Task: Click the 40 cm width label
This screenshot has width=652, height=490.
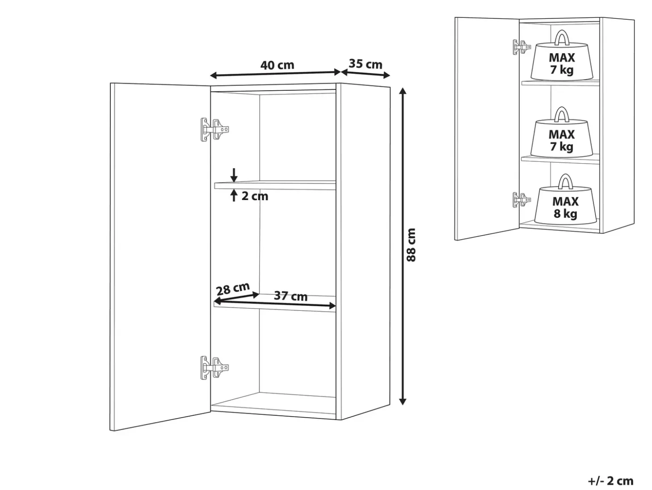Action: [277, 65]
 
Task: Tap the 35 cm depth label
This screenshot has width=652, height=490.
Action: [365, 64]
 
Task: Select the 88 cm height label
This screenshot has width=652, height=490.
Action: [411, 245]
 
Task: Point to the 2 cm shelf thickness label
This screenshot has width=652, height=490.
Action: [255, 196]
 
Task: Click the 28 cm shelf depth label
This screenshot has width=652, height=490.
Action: [233, 288]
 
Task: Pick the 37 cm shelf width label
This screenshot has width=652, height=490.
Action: [291, 296]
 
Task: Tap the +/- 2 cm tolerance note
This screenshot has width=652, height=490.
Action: [611, 481]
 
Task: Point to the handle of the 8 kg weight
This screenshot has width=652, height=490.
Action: [565, 182]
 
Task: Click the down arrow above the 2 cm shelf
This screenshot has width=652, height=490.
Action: [234, 175]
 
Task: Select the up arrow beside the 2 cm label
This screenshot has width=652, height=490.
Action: [234, 196]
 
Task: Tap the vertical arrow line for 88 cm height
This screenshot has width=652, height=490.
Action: [402, 246]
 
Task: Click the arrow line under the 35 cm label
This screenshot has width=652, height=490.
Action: [365, 73]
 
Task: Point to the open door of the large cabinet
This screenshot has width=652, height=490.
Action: [160, 257]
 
